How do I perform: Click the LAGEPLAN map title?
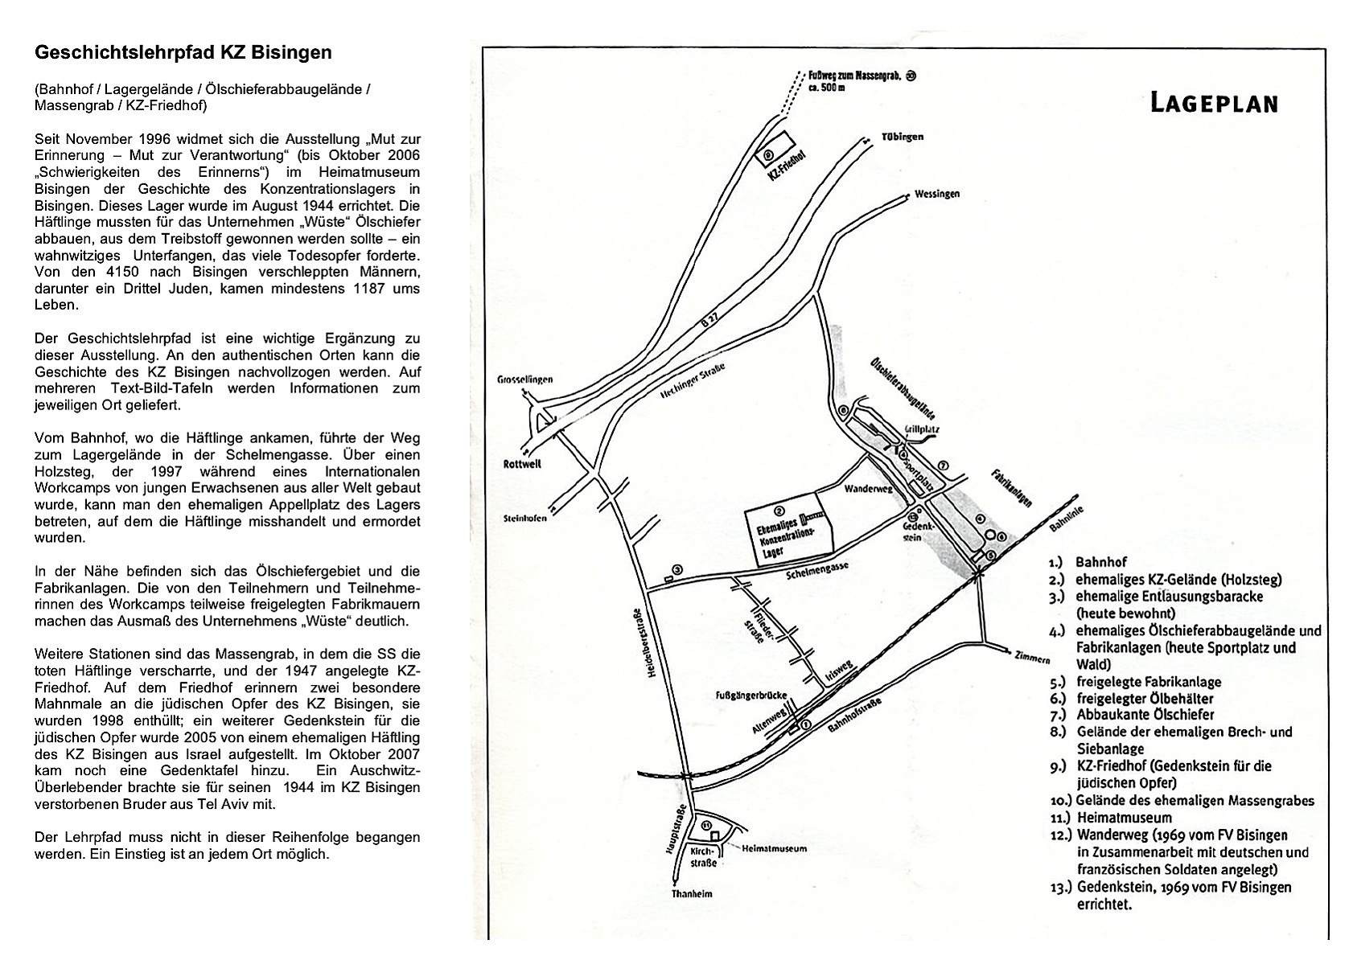point(1213,104)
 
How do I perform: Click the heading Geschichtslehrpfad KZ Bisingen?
point(183,53)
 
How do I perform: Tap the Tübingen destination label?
point(900,137)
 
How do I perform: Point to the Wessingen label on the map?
point(936,195)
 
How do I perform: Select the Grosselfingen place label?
point(524,380)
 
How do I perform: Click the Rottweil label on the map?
point(522,464)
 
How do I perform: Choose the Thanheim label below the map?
point(692,893)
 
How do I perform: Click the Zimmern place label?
point(1034,657)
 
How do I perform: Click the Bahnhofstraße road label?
point(854,716)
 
